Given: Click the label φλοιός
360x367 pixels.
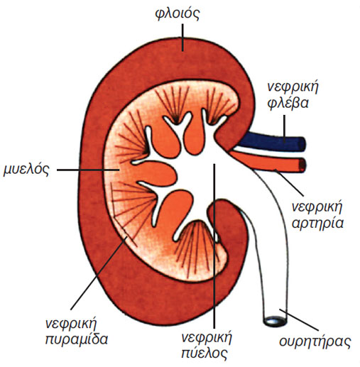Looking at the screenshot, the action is point(178,14).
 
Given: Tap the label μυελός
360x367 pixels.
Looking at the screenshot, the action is point(26,170).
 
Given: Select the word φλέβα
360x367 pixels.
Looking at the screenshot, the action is point(288,103).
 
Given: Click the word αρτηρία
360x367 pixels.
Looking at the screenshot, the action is point(317,223).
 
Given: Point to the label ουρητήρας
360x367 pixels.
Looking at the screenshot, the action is point(315,341).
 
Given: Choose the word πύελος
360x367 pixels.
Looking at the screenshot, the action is point(204,353).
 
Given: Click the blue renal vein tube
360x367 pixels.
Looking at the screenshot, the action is point(271,142).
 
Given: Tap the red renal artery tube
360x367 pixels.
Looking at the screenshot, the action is point(268,161).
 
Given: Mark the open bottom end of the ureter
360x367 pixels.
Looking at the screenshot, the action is point(275,322).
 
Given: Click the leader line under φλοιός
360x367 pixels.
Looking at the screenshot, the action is point(182,38).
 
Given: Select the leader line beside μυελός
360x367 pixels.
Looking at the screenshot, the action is point(88,170).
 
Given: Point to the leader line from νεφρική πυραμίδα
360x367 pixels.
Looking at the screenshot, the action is point(99,273).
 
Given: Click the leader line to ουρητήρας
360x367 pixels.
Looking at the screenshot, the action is point(299,319).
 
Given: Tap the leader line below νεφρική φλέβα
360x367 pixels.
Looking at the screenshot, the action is point(284,129).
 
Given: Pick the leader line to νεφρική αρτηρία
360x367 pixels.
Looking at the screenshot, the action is point(288,182).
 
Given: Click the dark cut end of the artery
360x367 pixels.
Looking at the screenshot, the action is point(302,165).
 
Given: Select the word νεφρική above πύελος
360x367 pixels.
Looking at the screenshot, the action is point(207,337).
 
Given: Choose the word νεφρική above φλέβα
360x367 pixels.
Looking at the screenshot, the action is point(293,87).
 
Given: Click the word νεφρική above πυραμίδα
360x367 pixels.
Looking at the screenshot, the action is point(71,324).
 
